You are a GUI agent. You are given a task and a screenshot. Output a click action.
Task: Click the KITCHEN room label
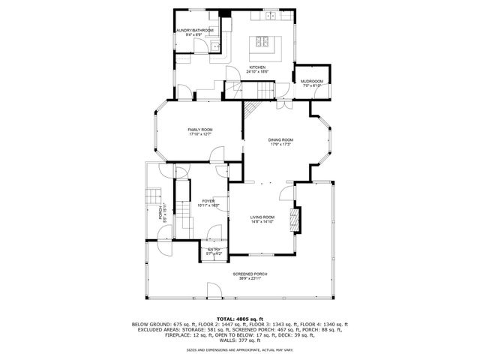pyautogui.click(x=257, y=67)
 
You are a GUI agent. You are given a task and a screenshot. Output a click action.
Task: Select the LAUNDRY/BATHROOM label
pyautogui.click(x=194, y=31)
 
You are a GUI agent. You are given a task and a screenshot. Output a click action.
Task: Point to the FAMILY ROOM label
pyautogui.click(x=199, y=130)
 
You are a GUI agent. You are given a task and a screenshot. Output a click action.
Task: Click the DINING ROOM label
pyautogui.click(x=281, y=139)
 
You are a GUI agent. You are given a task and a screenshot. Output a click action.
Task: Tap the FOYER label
pyautogui.click(x=207, y=201)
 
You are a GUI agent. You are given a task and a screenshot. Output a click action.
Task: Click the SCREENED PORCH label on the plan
pyautogui.click(x=250, y=274)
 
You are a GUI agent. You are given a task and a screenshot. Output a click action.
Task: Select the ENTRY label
pyautogui.click(x=214, y=249)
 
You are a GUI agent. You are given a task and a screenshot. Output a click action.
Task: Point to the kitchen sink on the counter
pyautogui.click(x=269, y=16)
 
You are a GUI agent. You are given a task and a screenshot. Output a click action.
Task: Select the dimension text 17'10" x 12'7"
pyautogui.click(x=199, y=135)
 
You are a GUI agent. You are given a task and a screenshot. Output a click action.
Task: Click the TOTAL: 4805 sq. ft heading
pyautogui.click(x=240, y=319)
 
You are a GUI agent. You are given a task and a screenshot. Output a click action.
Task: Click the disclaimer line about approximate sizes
pyautogui.click(x=240, y=349)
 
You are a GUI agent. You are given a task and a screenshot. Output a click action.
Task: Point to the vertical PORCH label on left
pyautogui.click(x=160, y=214)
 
